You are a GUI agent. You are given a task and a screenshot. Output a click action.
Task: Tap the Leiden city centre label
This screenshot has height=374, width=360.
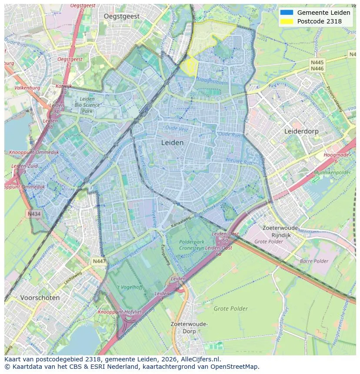pos(172,142)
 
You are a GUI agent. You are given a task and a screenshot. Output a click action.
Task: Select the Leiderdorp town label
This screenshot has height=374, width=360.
pos(301,131)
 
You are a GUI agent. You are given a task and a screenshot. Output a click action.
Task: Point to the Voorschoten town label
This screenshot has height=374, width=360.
pos(40,298)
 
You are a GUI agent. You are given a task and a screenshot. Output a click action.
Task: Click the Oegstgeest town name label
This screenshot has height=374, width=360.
pos(122,16)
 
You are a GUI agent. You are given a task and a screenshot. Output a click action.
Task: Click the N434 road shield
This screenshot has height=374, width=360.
pos(34,214)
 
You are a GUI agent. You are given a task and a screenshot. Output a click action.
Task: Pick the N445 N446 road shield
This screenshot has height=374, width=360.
pos(317,66)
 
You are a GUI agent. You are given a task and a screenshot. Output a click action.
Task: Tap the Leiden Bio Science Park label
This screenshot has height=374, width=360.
pos(87,105)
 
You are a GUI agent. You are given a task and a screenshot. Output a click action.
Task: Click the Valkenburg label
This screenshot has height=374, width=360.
pos(27,88)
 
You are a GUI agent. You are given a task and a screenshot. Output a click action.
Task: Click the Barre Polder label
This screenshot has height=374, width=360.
pos(314,261)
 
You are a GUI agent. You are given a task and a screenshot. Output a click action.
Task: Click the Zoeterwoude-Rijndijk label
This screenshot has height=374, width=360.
pos(281,232)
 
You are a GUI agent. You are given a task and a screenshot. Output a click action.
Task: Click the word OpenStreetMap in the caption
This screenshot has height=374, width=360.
pos(235,367)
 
